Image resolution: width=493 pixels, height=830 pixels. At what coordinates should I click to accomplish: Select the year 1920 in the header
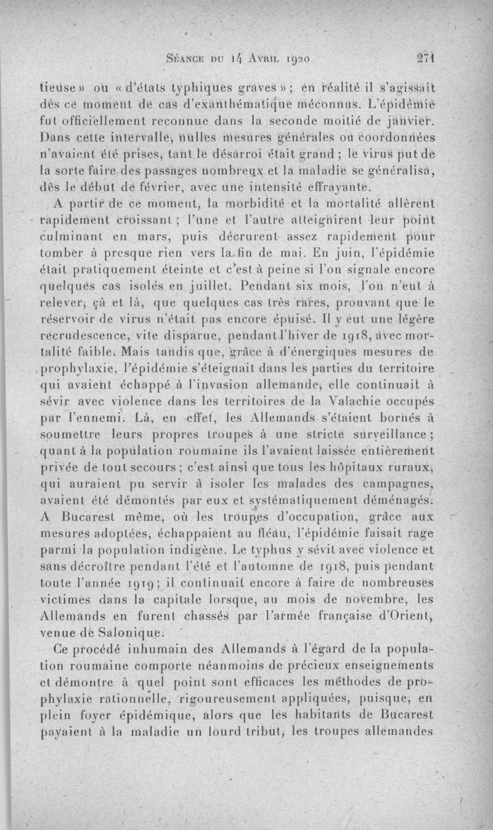(x=293, y=59)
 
